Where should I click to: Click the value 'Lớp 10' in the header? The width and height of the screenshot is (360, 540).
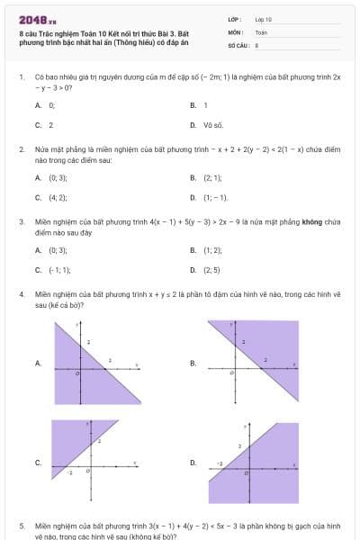[264, 19]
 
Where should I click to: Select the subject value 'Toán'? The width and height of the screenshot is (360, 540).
[261, 31]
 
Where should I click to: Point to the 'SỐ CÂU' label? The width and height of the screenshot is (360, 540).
[237, 44]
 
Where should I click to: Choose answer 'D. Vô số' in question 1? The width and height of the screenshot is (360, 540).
[209, 125]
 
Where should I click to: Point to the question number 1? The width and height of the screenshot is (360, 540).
[22, 77]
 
